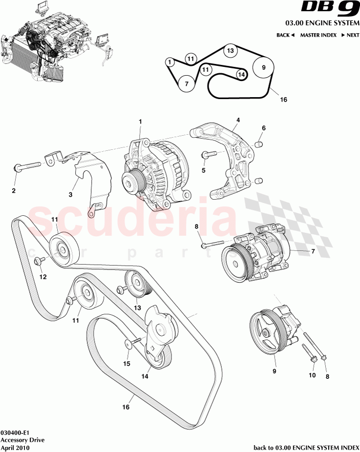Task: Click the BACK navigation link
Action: [285, 35]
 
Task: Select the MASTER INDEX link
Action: [318, 35]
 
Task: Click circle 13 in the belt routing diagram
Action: [231, 51]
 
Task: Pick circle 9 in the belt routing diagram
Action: [264, 68]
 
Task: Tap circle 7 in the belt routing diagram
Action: [186, 84]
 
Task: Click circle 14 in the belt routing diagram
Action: [241, 74]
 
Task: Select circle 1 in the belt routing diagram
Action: [169, 62]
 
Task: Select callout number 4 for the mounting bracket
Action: [238, 120]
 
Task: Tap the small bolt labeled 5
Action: [208, 155]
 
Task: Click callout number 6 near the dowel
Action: [263, 128]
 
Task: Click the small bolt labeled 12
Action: [40, 262]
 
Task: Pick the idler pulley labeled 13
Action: [135, 283]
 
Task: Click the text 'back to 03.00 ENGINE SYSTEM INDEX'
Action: [306, 447]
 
